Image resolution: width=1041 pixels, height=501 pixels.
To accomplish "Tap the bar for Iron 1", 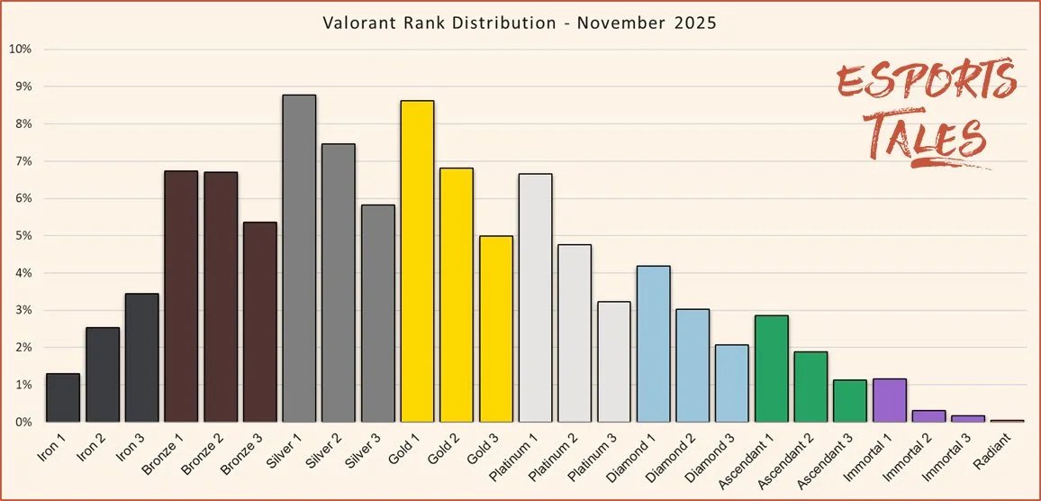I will (x=63, y=397).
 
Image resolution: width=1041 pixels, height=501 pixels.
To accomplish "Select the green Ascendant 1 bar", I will (x=772, y=369).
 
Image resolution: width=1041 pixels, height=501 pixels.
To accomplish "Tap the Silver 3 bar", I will (x=378, y=314).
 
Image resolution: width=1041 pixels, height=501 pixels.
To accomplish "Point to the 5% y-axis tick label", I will (x=22, y=235).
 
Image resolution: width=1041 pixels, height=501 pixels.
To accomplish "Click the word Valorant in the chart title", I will (x=356, y=23).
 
